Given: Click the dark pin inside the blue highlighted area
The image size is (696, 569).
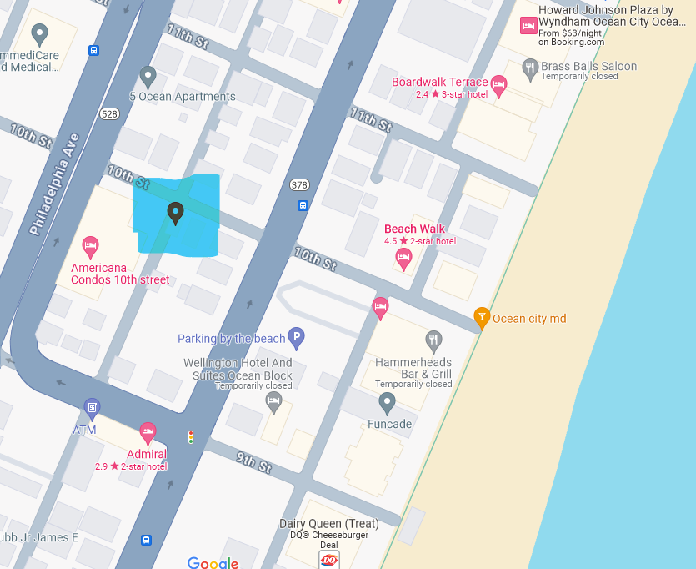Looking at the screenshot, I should tap(175, 213).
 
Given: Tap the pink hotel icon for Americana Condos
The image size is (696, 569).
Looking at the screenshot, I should tap(91, 247).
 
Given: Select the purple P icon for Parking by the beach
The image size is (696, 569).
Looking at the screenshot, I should tap(296, 338).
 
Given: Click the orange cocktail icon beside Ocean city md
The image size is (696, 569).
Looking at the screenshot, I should tap(481, 317).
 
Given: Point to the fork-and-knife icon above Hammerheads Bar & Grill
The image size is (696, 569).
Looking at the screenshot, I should tap(433, 340).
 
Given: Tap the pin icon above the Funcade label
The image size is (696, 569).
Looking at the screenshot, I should tap(387, 404).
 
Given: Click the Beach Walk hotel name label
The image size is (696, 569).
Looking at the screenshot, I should tap(414, 229).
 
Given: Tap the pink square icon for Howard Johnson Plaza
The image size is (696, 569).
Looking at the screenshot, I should tap(528, 27).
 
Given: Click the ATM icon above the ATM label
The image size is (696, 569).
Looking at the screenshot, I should tap(93, 409).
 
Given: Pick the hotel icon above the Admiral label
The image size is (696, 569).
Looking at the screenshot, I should tap(148, 433).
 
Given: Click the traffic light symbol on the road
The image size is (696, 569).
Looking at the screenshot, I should tap(191, 436).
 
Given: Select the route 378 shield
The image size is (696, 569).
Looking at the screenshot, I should tap(300, 184).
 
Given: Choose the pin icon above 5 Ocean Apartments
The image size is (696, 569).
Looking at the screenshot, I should tap(148, 77).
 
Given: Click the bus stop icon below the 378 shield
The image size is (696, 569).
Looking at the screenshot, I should tap(303, 205).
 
